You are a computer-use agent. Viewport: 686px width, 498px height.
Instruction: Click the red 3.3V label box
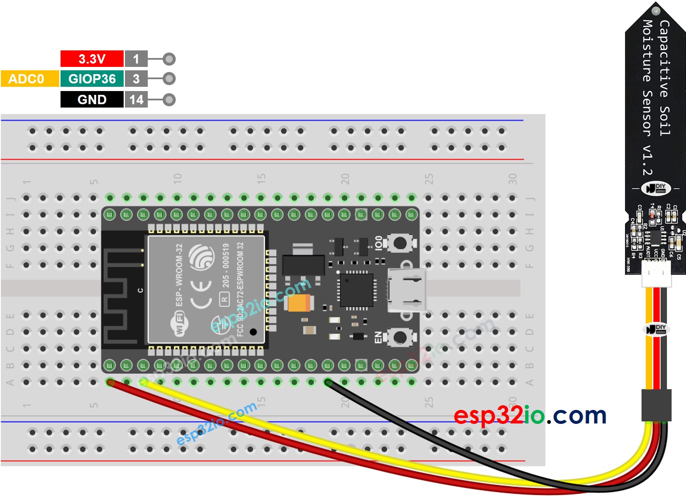point(92,59)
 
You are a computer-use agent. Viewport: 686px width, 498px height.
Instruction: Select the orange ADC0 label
point(30,79)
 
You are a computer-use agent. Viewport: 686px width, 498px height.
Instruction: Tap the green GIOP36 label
point(92,79)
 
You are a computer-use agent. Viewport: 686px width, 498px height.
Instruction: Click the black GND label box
point(92,100)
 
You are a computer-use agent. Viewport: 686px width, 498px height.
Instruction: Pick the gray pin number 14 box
point(136,100)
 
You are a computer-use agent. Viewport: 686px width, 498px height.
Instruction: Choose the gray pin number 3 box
point(136,79)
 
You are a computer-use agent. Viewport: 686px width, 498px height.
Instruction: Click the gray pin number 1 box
point(136,59)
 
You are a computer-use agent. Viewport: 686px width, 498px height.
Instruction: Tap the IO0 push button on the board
point(400,243)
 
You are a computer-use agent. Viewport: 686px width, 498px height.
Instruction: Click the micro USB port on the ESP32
point(407,290)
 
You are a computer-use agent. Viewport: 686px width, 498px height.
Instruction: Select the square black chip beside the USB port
point(357,290)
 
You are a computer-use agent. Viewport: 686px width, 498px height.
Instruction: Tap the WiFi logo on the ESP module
point(180,324)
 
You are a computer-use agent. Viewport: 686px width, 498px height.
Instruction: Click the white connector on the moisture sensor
point(656,274)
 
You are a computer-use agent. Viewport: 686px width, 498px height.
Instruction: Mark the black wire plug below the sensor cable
point(656,405)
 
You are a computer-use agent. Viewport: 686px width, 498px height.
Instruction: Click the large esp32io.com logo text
point(530,415)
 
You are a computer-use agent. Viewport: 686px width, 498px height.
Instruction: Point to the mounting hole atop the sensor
point(656,11)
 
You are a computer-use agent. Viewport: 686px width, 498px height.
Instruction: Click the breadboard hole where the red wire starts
point(110,382)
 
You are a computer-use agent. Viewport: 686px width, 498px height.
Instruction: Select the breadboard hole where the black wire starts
point(328,382)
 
